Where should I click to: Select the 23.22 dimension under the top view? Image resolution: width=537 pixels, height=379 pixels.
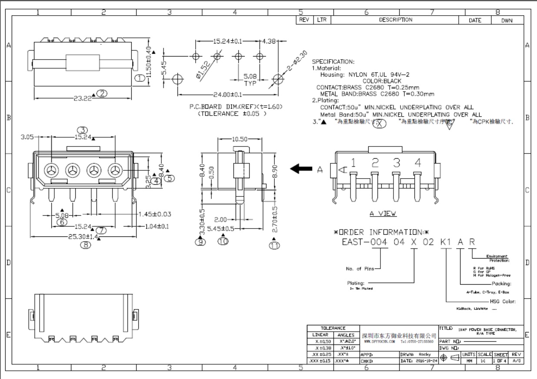pyautogui.click(x=83, y=98)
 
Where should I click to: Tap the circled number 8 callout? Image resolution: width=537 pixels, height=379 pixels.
pyautogui.click(x=86, y=244)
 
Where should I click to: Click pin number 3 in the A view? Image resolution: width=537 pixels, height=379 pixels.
pyautogui.click(x=396, y=163)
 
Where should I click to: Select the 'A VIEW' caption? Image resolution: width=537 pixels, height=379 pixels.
pyautogui.click(x=383, y=214)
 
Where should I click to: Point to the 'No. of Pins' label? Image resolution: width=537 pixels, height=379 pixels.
pyautogui.click(x=360, y=269)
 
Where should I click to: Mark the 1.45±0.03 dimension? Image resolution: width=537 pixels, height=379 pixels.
pyautogui.click(x=160, y=214)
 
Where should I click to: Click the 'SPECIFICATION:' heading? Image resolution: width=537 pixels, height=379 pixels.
pyautogui.click(x=333, y=62)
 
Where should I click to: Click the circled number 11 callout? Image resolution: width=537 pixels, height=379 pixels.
pyautogui.click(x=274, y=246)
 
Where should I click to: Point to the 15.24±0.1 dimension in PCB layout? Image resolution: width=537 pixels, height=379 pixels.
pyautogui.click(x=227, y=41)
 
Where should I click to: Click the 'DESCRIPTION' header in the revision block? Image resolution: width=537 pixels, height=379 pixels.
pyautogui.click(x=395, y=20)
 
